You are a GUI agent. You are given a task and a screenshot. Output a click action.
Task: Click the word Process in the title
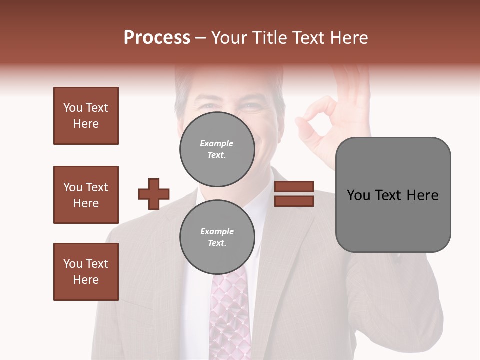[x=157, y=38]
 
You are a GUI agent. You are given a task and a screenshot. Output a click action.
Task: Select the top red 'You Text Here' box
[x=86, y=116]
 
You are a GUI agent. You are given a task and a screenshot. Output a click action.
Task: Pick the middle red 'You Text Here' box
[x=86, y=195]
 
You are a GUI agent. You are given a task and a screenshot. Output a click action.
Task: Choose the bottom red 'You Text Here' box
[x=86, y=272]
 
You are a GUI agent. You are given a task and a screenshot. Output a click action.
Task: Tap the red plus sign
[x=154, y=194]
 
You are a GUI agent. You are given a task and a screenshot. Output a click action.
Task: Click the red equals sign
[x=294, y=194]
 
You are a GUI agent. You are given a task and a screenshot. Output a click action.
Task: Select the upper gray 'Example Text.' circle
[x=217, y=149]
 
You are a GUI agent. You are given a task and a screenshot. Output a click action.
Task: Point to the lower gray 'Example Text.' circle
[x=217, y=237]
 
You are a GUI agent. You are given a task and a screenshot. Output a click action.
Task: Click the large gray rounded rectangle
[x=393, y=195]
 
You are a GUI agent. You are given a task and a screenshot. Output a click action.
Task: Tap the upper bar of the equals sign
[x=294, y=187]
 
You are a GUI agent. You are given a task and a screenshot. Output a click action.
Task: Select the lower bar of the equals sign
[x=294, y=201]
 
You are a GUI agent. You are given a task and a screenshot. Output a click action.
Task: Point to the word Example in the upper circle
[x=217, y=143]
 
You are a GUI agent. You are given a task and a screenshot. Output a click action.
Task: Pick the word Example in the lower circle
[x=217, y=231]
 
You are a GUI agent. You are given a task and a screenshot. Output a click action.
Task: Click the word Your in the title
[x=229, y=38]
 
